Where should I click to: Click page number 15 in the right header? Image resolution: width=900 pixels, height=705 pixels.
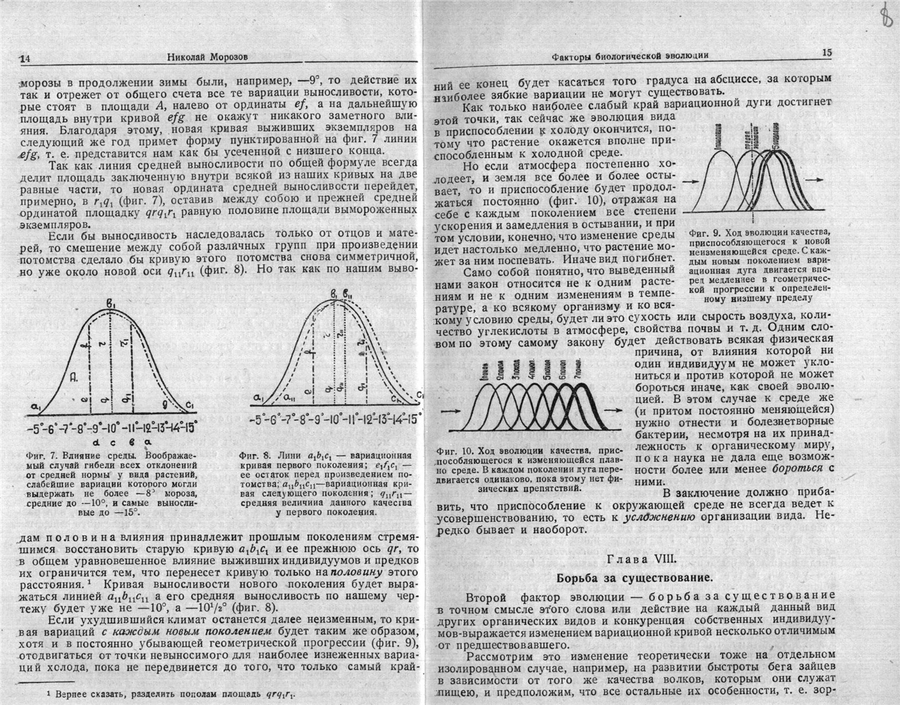(x=826, y=52)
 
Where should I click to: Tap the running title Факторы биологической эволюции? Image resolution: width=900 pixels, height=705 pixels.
(x=630, y=56)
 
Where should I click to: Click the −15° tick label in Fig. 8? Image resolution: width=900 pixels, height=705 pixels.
(x=412, y=420)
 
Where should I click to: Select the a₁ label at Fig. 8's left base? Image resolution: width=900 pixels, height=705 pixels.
(x=258, y=398)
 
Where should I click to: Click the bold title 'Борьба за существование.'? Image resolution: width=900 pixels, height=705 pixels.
(x=634, y=577)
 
